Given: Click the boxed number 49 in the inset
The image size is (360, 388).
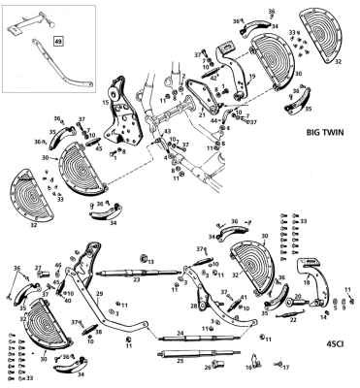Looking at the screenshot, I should pyautogui.click(x=57, y=42).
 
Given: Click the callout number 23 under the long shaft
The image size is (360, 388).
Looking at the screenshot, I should pyautogui.click(x=138, y=280).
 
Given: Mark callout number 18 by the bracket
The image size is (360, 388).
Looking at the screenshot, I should pyautogui.click(x=309, y=282).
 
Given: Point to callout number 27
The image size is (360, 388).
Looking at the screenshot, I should pyautogui.click(x=38, y=269).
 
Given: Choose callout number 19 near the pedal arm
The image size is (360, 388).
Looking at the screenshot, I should pyautogui.click(x=250, y=74).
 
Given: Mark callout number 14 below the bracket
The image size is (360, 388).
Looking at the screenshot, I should pyautogui.click(x=323, y=316).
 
